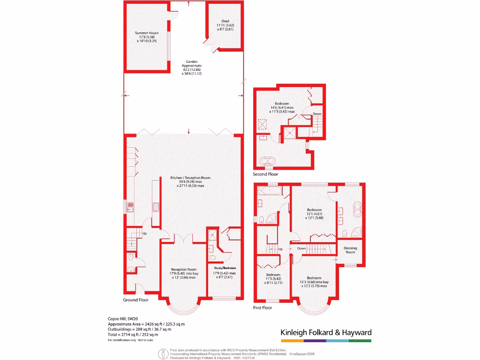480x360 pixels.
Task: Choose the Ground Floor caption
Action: pos(136,300)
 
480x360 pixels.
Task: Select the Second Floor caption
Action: pos(265,174)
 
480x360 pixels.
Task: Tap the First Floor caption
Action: pos(262,307)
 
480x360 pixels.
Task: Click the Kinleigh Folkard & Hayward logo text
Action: pos(326,332)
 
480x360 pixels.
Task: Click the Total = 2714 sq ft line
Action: pos(133,334)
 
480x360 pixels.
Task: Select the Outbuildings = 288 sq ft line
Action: pos(139,329)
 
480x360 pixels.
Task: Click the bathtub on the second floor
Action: pos(269,162)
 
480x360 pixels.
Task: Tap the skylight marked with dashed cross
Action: pos(261,124)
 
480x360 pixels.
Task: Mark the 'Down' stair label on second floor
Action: pos(317,114)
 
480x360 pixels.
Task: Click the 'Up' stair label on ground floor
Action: pos(144,233)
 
